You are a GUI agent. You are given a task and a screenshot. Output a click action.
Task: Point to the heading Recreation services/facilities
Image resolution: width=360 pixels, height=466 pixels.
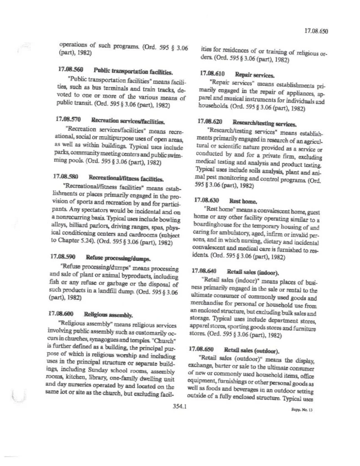(128, 121)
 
